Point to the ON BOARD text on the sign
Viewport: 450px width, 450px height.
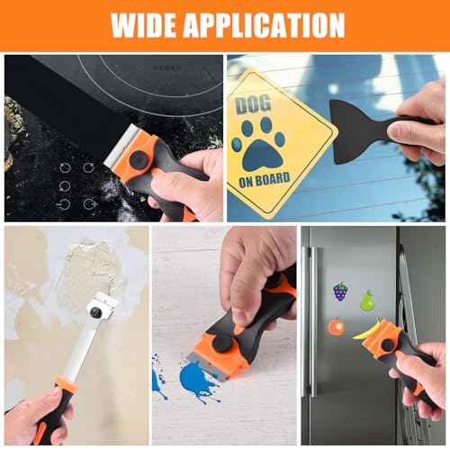click(x=263, y=179)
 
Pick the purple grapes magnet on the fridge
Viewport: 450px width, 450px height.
click(x=340, y=292)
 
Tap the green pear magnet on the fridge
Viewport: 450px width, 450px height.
click(x=367, y=300)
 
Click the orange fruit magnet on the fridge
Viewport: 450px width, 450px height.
click(x=337, y=326)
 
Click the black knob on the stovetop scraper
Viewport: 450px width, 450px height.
click(x=138, y=159)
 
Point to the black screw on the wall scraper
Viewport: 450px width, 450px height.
click(x=94, y=311)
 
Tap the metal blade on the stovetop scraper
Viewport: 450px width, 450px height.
click(x=112, y=155)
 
